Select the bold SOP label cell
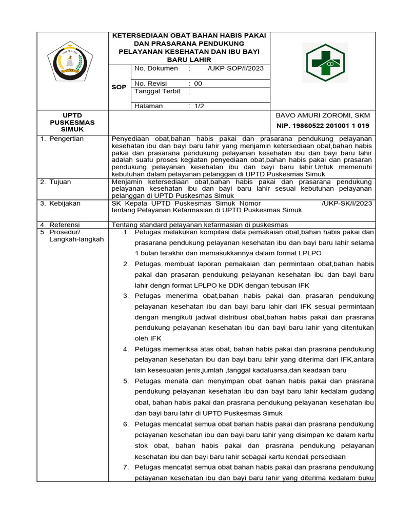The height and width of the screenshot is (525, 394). [119, 87]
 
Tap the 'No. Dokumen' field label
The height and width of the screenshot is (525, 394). [156, 68]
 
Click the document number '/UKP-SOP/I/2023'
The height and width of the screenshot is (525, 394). [236, 68]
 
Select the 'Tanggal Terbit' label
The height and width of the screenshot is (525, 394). [157, 91]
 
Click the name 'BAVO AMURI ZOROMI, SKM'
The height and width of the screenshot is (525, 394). [323, 115]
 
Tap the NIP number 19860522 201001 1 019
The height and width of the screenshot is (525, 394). [322, 126]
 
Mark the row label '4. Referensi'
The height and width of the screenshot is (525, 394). [61, 225]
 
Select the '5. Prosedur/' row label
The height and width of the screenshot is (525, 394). [62, 232]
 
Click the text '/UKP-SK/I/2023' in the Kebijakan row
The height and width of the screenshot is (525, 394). [347, 204]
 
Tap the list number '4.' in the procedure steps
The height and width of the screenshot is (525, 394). [126, 349]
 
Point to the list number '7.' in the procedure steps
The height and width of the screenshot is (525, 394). [126, 467]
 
